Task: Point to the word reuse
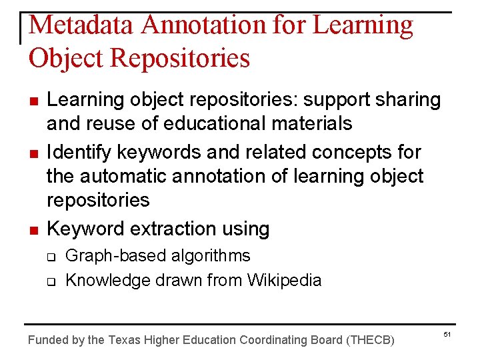click(111, 124)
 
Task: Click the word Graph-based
click(109, 256)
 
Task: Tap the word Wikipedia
click(284, 281)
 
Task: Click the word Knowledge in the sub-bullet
click(109, 281)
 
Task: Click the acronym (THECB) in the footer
click(371, 340)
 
